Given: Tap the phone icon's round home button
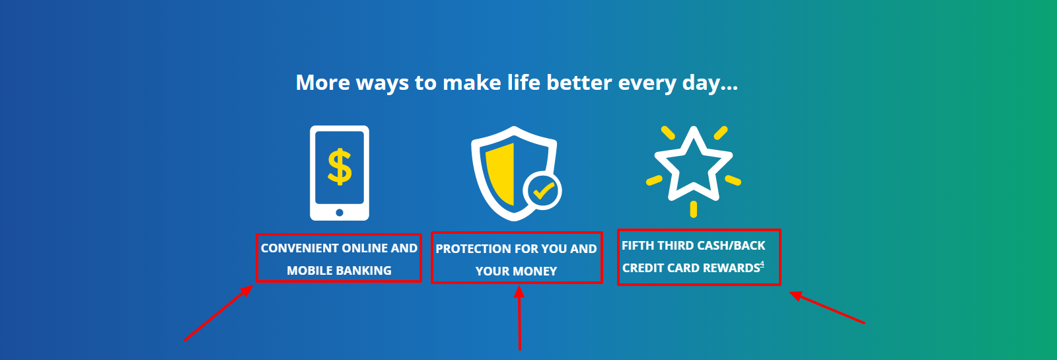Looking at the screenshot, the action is point(340,212).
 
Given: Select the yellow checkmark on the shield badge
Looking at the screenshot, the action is point(543,191).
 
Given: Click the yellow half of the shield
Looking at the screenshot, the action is point(500,174).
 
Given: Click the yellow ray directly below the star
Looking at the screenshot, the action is point(693,209).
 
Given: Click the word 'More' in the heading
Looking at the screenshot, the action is point(323,83).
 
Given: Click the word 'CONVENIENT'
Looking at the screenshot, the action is point(299,248).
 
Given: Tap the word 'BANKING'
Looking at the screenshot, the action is point(363,271).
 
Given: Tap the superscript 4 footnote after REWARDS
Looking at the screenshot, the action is point(762,264).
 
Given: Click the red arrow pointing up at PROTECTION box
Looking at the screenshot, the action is point(519,318).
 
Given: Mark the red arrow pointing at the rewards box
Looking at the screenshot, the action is point(827,308).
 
